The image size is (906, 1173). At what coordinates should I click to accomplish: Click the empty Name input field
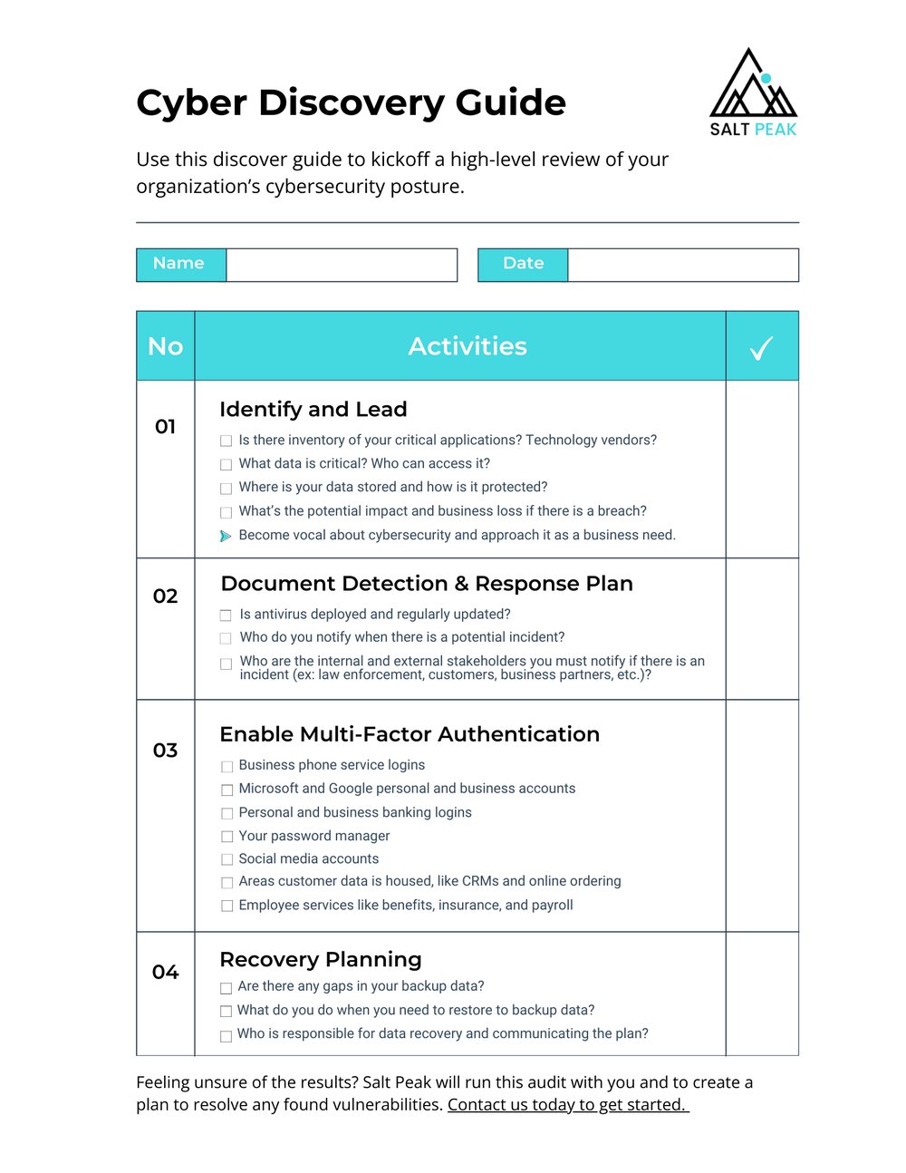pos(342,265)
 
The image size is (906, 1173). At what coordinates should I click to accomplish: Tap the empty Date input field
pos(683,265)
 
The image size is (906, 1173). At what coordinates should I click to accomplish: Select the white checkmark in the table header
pos(761,348)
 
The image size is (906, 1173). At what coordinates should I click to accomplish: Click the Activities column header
pos(467,346)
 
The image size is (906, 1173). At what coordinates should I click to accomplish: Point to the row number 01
pos(165,427)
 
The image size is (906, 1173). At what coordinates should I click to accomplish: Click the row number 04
pos(165,973)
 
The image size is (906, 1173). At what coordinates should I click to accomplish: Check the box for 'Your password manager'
pos(227,837)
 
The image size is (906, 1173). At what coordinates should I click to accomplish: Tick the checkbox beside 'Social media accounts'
pos(227,859)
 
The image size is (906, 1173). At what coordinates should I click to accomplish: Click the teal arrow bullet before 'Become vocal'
pos(226,537)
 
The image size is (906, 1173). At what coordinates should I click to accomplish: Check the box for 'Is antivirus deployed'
pos(226,616)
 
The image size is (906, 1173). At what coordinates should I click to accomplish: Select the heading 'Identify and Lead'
pos(313,410)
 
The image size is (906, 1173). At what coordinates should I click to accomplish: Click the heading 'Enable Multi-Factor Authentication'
pos(410,734)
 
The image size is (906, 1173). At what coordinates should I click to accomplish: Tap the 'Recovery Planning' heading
pos(321,960)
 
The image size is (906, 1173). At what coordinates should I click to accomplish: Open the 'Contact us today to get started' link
pos(567,1105)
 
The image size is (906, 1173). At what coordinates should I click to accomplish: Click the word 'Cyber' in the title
pos(191,103)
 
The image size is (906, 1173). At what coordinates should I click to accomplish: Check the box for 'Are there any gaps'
pos(226,988)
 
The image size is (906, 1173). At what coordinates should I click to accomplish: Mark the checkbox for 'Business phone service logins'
pos(227,767)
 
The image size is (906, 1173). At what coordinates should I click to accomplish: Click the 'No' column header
pos(166,346)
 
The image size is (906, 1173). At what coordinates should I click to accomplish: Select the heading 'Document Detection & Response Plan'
pos(427,584)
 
